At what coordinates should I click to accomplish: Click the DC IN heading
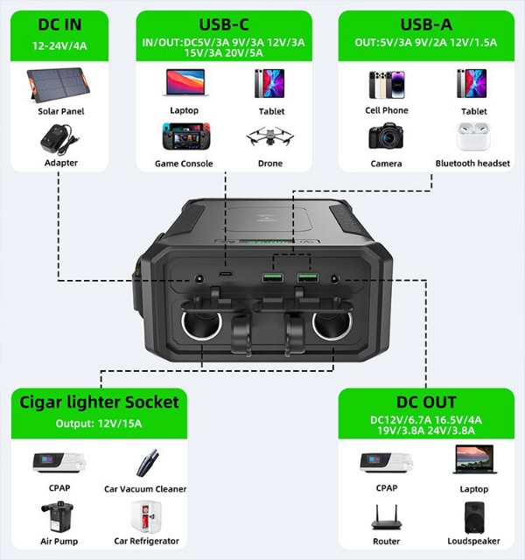[x=60, y=23]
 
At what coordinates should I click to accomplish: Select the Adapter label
[x=60, y=163]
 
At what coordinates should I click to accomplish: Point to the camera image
[x=386, y=136]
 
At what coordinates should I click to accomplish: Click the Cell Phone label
[x=386, y=111]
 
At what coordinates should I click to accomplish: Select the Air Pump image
[x=53, y=516]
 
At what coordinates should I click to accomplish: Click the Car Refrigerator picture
[x=145, y=516]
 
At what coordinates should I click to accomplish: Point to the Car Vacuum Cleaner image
[x=145, y=464]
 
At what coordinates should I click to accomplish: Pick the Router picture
[x=386, y=517]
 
